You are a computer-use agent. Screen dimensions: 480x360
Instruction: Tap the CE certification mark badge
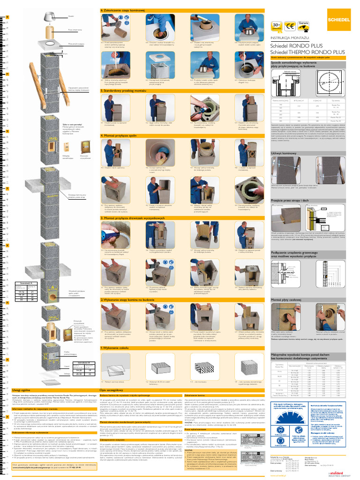290,26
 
